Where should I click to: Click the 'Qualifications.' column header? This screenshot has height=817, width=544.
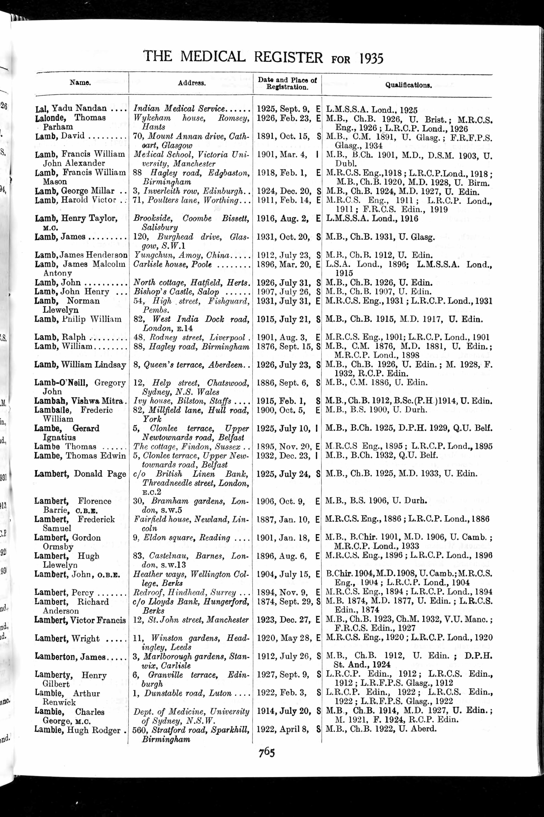(408, 85)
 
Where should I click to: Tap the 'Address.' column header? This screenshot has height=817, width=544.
(191, 83)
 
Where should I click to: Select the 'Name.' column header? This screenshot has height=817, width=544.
(80, 82)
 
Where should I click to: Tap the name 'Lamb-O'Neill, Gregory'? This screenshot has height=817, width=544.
(80, 382)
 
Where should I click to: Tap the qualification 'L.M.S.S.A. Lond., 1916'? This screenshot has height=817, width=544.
(372, 218)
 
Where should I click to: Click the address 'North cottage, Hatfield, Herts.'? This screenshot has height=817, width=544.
(191, 283)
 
